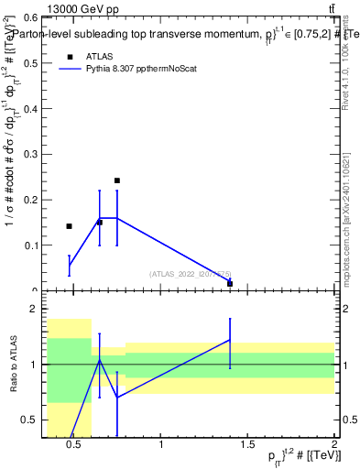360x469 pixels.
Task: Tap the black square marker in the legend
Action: coord(70,56)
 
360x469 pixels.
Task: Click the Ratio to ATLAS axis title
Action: coord(12,365)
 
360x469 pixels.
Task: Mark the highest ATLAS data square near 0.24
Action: coord(117,180)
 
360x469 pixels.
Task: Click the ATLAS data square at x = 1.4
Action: coord(230,283)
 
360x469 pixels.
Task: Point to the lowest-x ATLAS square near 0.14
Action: coord(69,226)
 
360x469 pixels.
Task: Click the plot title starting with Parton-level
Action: coord(183,30)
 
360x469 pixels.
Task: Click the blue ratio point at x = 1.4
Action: coord(230,340)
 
